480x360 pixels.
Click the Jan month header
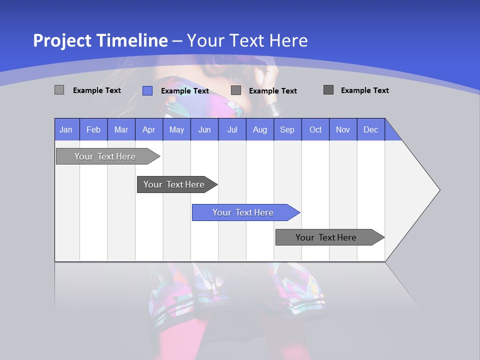coord(66,130)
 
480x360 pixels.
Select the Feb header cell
coord(93,130)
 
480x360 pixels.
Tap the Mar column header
coord(121,130)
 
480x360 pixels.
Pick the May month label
coord(176,130)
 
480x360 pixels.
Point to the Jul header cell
coord(232,130)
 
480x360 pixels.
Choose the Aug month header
coord(260,130)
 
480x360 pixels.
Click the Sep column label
coord(287,130)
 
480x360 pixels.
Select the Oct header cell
coord(315,130)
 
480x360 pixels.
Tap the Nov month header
coord(343,130)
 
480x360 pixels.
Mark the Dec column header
coord(371,130)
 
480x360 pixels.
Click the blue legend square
coord(147,90)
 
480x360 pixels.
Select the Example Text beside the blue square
coord(185,91)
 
